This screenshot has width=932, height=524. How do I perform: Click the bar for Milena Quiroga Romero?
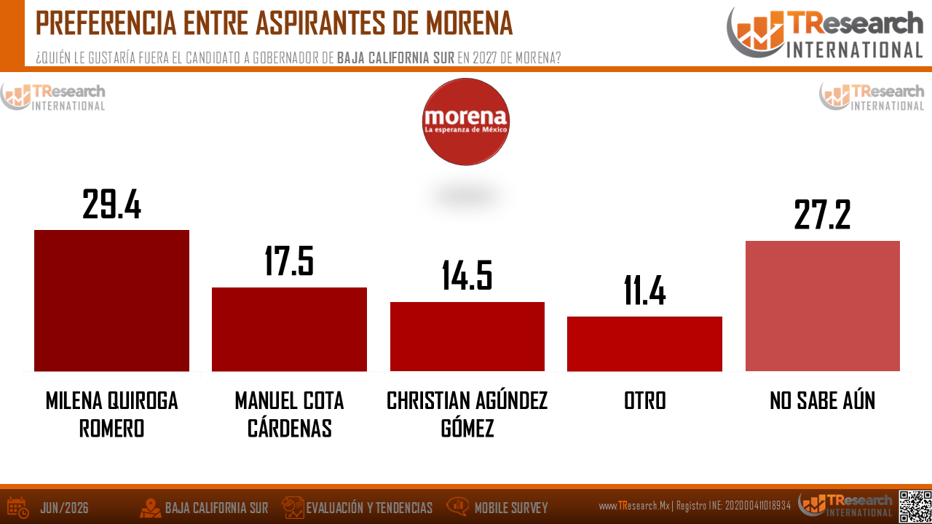pos(111,301)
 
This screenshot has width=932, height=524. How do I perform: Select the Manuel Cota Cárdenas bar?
pos(289,329)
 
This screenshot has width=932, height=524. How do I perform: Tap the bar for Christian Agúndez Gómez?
pos(467,336)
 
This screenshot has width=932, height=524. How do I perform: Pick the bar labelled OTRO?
pos(644,344)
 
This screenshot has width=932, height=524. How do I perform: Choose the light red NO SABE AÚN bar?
pos(823,306)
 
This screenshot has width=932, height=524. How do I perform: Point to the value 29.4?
pos(111,204)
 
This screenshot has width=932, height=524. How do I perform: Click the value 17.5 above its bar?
pos(289,261)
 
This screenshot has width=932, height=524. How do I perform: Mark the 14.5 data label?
pos(467,275)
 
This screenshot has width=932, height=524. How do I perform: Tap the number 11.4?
pos(644,290)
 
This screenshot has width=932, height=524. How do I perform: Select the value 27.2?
pos(823,215)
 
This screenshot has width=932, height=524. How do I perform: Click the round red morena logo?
pos(465,122)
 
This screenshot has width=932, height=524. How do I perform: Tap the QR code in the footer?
pos(915,506)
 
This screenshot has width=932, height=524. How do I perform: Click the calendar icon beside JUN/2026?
pos(18,508)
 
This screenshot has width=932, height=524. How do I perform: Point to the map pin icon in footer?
pos(150,508)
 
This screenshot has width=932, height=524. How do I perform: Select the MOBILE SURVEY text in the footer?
pos(511,508)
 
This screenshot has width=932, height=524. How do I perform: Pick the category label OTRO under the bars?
pos(644,400)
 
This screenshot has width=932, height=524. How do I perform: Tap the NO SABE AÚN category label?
pos(823,400)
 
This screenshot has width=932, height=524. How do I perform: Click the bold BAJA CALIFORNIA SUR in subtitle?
pos(395,57)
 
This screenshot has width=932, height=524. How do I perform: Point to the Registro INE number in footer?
pos(758,506)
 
